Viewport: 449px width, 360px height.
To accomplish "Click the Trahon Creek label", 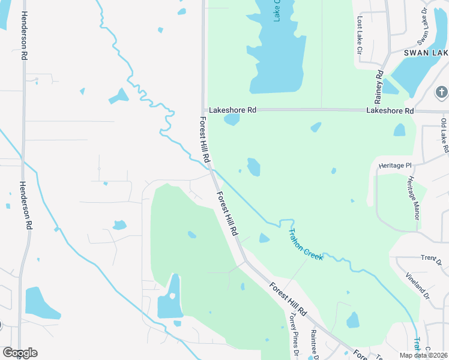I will click(x=306, y=244).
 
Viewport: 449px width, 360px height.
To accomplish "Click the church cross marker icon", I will click(x=442, y=92).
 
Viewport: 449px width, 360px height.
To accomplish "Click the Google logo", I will click(x=20, y=353).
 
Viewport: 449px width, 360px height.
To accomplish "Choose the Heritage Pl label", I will click(x=395, y=165).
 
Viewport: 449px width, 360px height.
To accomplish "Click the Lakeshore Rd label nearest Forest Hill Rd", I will click(x=232, y=110).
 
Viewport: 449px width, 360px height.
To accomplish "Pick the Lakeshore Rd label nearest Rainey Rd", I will click(x=390, y=111).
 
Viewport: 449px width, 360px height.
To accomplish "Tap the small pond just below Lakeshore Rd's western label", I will click(x=232, y=119).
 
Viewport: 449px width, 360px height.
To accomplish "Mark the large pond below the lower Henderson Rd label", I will click(x=40, y=304).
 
